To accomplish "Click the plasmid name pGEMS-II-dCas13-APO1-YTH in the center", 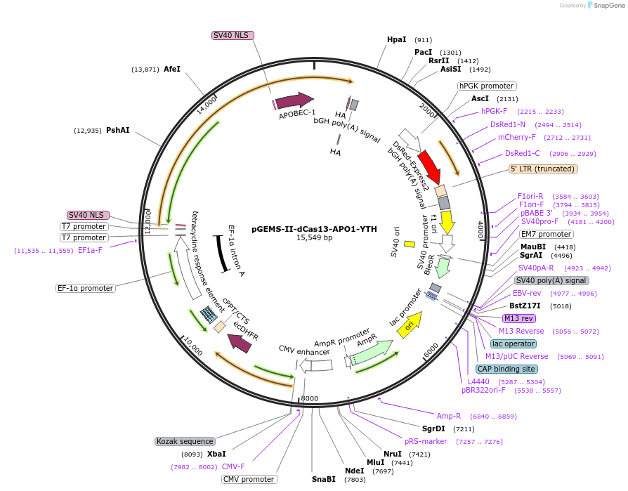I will (314, 228).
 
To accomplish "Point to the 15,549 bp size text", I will (314, 238).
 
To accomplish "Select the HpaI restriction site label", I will (397, 40).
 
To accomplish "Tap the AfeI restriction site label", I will (172, 69).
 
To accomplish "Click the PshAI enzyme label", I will (117, 130).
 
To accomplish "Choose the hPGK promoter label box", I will (486, 86).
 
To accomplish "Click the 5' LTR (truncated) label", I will (543, 169).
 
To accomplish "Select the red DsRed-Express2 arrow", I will (429, 168).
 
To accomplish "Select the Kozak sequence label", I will (185, 441).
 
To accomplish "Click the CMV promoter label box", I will (249, 479).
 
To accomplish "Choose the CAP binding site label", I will (506, 369).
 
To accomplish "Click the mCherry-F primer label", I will (516, 137).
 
